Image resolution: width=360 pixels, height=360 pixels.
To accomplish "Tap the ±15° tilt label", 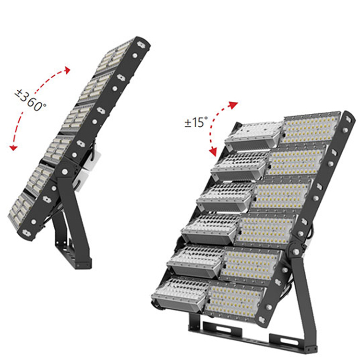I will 196,122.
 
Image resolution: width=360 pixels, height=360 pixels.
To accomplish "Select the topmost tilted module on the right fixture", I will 253,134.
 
